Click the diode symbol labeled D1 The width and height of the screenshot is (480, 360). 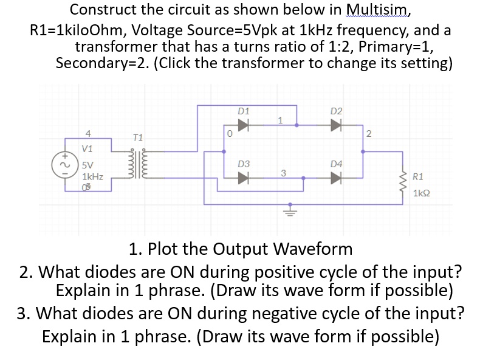[x=244, y=125]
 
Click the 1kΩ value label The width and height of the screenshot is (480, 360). [x=422, y=193]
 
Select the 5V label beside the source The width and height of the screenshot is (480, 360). [x=88, y=164]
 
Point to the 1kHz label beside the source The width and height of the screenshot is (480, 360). [x=93, y=176]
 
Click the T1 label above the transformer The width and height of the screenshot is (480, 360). [x=137, y=139]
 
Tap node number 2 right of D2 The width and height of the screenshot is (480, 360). [x=368, y=133]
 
